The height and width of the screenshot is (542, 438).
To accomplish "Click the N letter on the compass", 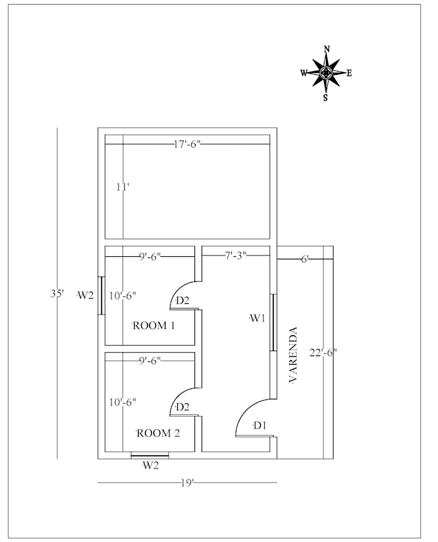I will click(x=327, y=49).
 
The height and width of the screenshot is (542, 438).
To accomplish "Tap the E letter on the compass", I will click(x=349, y=73).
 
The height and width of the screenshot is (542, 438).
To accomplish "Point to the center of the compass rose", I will click(x=327, y=73).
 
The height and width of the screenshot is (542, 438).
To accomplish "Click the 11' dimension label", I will click(x=123, y=187).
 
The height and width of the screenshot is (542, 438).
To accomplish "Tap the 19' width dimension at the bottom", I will click(x=187, y=482).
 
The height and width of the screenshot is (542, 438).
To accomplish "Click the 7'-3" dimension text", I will click(x=236, y=256).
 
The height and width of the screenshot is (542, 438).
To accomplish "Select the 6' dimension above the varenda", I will click(x=305, y=259).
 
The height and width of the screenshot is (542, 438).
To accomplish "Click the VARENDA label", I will click(x=293, y=356).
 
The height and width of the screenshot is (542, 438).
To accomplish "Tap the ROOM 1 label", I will click(x=154, y=326).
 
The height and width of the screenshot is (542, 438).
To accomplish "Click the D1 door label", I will click(x=260, y=425).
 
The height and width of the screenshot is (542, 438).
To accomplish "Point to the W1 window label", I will click(x=258, y=318).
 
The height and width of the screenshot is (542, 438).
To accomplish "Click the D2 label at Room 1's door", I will click(x=182, y=301).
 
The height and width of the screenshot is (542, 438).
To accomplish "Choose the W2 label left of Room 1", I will click(x=86, y=296).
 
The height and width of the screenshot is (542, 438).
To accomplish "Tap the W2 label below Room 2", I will click(x=150, y=466).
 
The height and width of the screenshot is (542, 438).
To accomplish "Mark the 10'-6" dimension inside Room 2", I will click(x=122, y=402).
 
